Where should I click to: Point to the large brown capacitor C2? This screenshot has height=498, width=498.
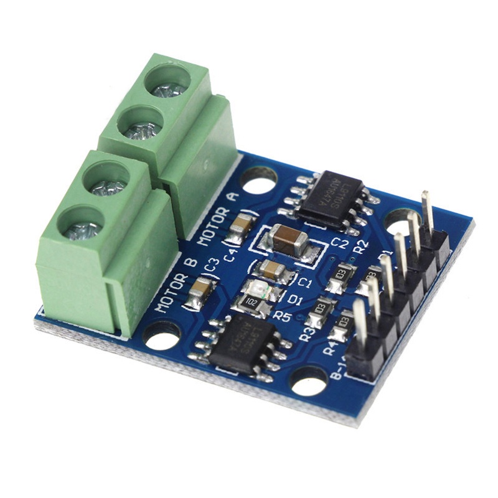click(288, 239)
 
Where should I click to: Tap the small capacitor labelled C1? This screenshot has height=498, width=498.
click(273, 270)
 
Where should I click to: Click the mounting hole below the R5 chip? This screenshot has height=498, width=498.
click(309, 381)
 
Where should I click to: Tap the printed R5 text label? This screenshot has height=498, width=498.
click(283, 316)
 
